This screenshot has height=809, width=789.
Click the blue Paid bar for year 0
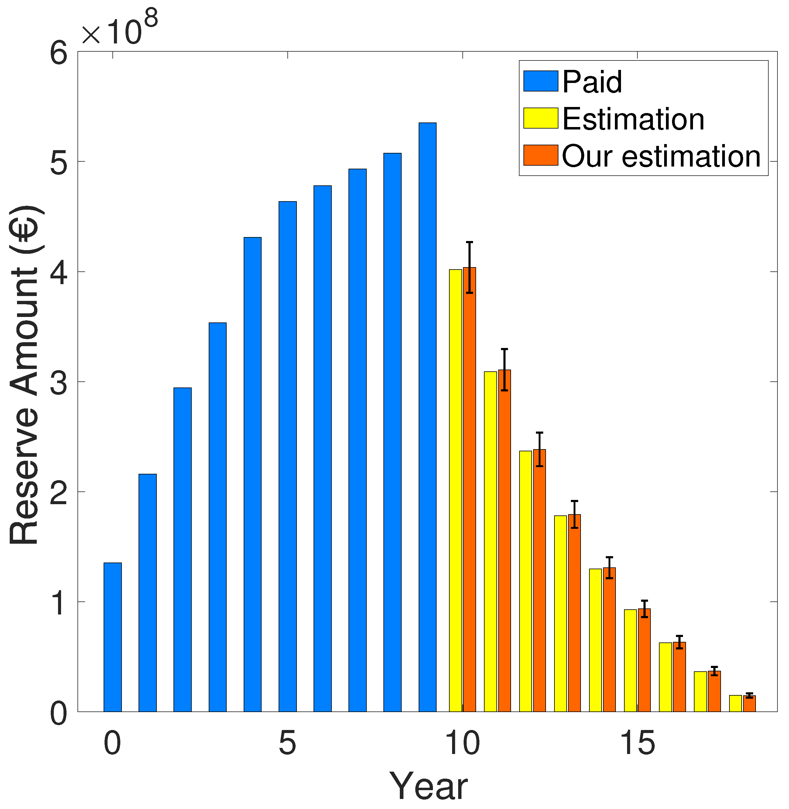pos(112,638)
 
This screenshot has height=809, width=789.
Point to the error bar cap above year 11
pos(504,349)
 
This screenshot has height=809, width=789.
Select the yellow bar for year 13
pos(560,613)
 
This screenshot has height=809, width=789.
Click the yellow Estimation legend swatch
pos(540,119)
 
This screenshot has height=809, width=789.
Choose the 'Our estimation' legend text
pos(661,157)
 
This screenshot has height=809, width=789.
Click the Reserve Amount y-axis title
pos(25,375)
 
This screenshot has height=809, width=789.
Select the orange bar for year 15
pos(644,659)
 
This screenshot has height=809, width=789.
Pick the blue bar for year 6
pos(322,448)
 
